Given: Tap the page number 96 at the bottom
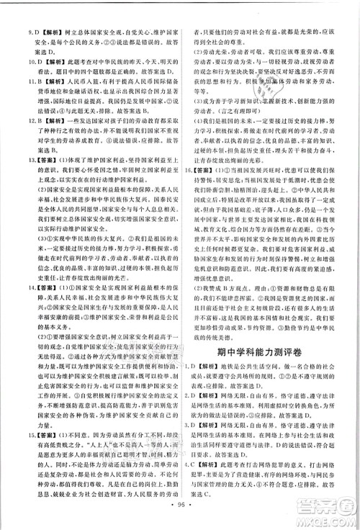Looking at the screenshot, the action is click(180, 520).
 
